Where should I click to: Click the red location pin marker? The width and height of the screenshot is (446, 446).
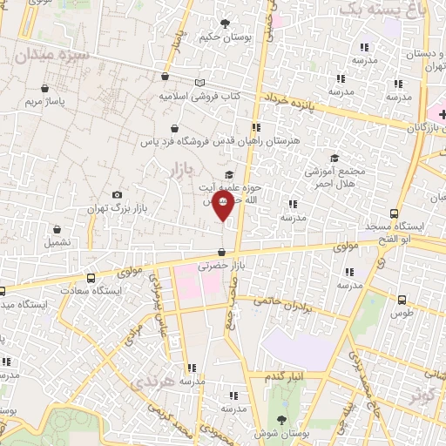click(x=223, y=207)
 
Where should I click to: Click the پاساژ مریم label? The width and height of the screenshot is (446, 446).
click(x=44, y=102)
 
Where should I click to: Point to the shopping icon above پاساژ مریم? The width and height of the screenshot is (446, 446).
click(x=44, y=88)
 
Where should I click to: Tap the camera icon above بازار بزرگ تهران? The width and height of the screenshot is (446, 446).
click(x=118, y=195)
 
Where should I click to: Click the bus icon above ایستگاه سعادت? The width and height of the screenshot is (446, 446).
click(x=91, y=279)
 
